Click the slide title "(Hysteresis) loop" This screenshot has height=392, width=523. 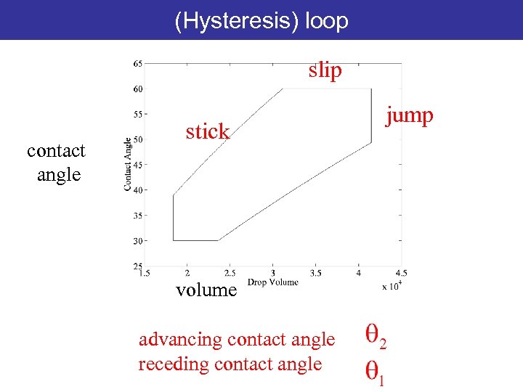click(x=261, y=21)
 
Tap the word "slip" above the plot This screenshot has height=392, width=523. click(x=324, y=71)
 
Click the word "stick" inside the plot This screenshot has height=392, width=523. click(x=207, y=132)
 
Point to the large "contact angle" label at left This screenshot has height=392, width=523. click(x=56, y=163)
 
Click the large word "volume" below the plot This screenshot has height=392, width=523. click(x=206, y=290)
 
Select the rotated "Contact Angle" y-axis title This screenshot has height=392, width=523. click(x=128, y=165)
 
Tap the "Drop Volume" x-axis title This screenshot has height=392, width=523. click(x=273, y=282)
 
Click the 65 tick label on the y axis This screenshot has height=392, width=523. click(x=137, y=64)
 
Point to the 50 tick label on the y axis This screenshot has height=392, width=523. click(x=137, y=139)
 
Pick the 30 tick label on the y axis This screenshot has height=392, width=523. click(x=137, y=240)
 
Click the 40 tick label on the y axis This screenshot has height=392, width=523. click(x=137, y=190)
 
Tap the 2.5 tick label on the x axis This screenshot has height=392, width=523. click(x=230, y=274)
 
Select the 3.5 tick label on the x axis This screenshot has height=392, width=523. click(x=315, y=274)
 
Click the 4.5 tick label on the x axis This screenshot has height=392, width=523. click(x=400, y=274)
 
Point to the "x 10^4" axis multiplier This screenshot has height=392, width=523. click(x=392, y=286)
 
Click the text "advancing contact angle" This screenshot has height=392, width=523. click(x=237, y=339)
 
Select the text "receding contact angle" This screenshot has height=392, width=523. click(x=230, y=363)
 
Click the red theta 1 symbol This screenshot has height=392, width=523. click(x=374, y=371)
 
